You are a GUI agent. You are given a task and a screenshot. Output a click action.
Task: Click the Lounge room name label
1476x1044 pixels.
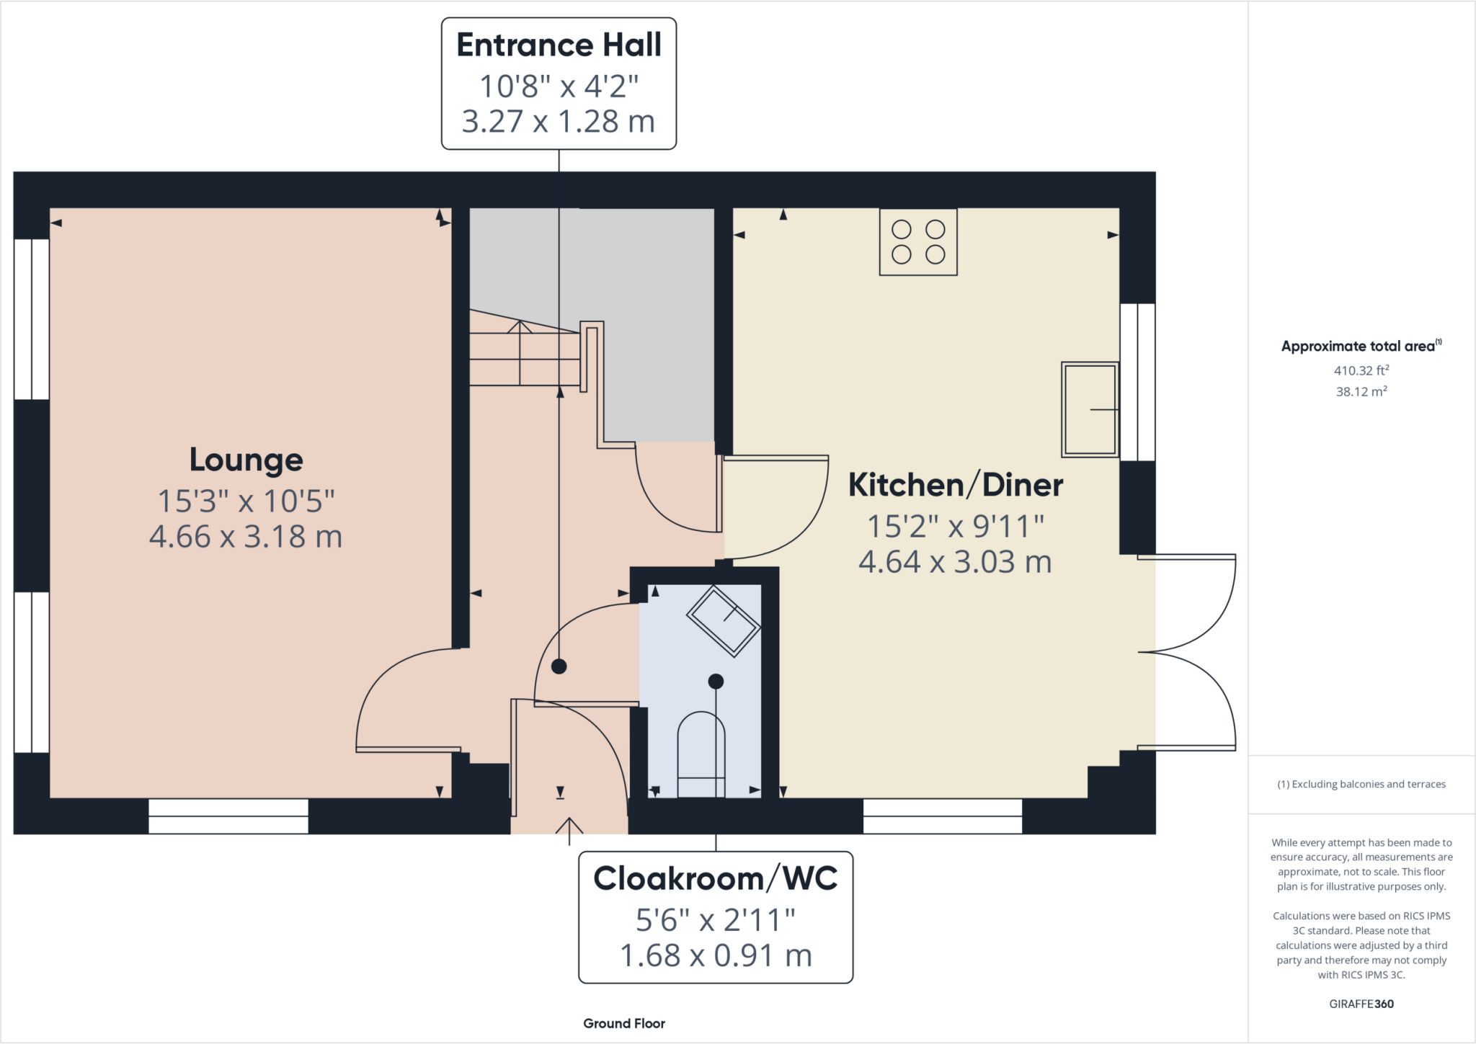246,460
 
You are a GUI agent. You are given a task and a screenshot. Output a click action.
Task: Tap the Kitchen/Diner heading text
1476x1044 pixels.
955,485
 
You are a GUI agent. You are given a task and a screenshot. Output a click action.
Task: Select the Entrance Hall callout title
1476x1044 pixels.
559,45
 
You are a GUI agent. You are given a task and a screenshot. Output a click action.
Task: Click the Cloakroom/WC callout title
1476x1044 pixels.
715,878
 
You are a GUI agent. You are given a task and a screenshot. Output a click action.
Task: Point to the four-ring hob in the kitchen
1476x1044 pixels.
918,242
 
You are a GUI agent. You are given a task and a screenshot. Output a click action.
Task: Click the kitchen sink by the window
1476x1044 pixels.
1089,409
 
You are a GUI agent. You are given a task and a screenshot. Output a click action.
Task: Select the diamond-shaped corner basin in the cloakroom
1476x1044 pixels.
724,621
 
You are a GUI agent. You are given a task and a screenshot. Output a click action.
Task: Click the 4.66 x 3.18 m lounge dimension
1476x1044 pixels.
246,537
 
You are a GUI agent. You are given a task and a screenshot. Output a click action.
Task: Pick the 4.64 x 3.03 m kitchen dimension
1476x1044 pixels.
955,562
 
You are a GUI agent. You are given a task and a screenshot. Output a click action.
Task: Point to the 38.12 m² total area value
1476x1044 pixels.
1361,392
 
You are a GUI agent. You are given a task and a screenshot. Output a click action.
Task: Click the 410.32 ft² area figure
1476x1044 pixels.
1361,370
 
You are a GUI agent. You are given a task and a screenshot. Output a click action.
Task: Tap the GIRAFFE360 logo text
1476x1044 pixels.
1361,1004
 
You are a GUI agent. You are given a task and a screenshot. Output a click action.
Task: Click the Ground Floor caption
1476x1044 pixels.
624,1023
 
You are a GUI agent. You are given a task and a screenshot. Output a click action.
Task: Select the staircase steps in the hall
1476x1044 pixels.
524,353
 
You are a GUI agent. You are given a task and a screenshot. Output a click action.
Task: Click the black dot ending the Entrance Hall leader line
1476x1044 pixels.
559,666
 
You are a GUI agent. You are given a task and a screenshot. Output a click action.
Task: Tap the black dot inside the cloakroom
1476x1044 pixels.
716,681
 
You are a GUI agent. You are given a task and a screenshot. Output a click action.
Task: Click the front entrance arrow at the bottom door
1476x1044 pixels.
569,829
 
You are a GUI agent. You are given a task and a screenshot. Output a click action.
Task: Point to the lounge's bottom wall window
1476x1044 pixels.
228,816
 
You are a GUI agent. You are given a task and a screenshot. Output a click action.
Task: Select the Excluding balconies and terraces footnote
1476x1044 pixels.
1361,784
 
